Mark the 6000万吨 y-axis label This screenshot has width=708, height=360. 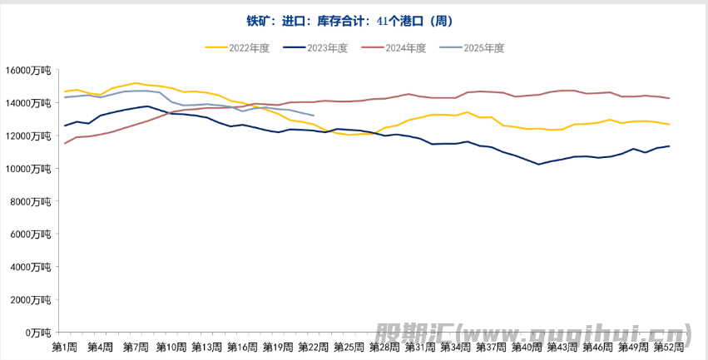(32, 234)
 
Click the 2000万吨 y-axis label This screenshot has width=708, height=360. (32, 300)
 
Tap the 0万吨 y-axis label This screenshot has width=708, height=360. (38, 333)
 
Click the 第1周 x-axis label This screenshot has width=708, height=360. (65, 346)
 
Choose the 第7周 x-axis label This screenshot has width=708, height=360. (136, 346)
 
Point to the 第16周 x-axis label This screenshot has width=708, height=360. (242, 346)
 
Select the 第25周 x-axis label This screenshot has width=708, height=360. (349, 346)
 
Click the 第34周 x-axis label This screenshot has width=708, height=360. (455, 346)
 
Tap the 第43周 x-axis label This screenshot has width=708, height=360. (562, 346)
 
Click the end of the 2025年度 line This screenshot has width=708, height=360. (313, 116)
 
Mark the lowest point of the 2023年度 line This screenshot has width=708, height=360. (538, 165)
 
